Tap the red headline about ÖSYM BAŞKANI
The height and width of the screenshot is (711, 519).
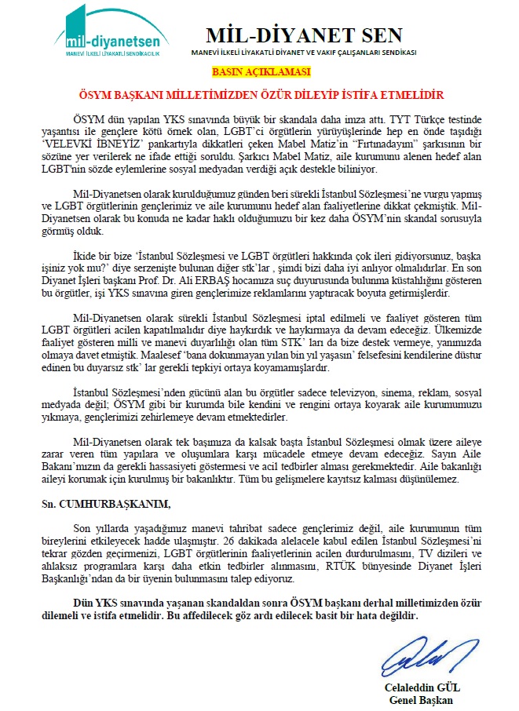(x=260, y=93)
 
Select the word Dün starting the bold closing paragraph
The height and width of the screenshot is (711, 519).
(x=81, y=600)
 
